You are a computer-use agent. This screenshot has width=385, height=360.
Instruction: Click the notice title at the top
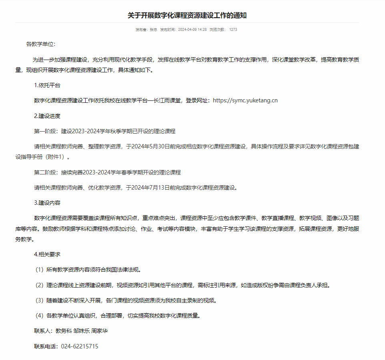(x=187, y=15)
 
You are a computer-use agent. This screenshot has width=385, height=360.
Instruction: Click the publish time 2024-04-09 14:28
(x=192, y=30)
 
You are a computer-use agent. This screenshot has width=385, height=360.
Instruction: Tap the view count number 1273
(x=233, y=30)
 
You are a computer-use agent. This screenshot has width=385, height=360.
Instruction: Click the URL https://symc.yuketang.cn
(x=245, y=100)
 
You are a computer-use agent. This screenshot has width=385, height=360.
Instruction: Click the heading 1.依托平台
(x=47, y=85)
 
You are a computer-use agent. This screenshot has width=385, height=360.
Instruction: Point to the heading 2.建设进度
(x=47, y=116)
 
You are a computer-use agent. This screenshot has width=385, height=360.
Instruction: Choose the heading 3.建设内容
(x=47, y=203)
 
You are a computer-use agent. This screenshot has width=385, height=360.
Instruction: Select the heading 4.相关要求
(x=47, y=254)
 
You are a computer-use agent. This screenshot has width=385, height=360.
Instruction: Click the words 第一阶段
(x=46, y=131)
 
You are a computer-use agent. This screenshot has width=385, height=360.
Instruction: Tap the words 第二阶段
(x=46, y=172)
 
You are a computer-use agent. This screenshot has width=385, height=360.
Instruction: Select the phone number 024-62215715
(x=80, y=346)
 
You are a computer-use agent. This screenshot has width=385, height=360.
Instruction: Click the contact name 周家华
(x=100, y=331)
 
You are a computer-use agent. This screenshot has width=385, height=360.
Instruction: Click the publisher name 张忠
(x=153, y=30)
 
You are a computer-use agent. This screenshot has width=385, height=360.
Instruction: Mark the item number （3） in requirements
(x=39, y=300)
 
